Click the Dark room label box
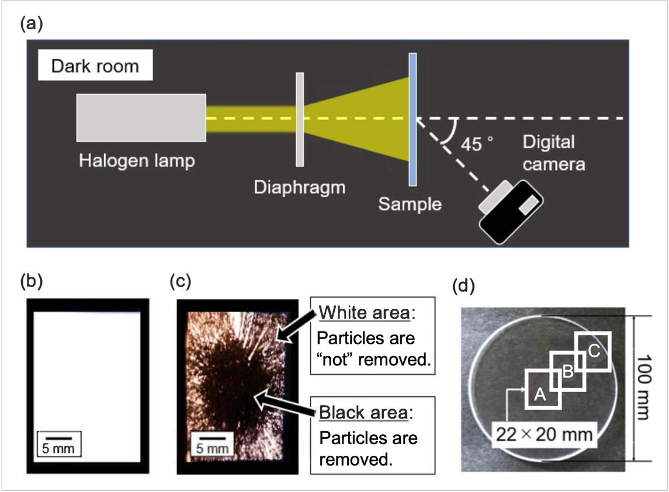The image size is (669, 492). pyautogui.click(x=95, y=65)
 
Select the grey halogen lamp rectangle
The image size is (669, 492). pyautogui.click(x=141, y=117)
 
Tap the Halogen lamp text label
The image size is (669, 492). pyautogui.click(x=137, y=159)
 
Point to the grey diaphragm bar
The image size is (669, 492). pyautogui.click(x=300, y=119)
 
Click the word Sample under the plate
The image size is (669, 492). pyautogui.click(x=409, y=204)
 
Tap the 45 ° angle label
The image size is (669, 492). pyautogui.click(x=477, y=144)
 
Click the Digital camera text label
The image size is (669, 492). pyautogui.click(x=553, y=153)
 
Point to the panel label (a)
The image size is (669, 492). pyautogui.click(x=33, y=24)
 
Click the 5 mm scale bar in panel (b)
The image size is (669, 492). pyautogui.click(x=58, y=443)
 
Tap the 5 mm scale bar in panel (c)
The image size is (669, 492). pyautogui.click(x=210, y=443)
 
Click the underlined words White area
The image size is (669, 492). pyautogui.click(x=364, y=314)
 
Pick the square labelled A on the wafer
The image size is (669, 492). pyautogui.click(x=543, y=389)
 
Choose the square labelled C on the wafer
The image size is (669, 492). pyautogui.click(x=592, y=352)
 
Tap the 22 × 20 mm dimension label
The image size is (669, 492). pyautogui.click(x=545, y=434)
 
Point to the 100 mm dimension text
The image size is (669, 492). pyautogui.click(x=643, y=386)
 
